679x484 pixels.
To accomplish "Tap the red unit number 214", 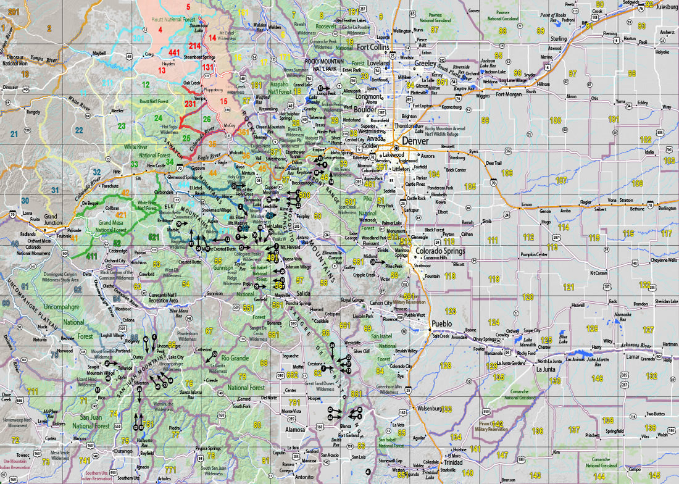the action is [195, 46].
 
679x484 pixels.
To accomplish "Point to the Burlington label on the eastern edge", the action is [666, 209].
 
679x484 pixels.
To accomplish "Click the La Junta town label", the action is [546, 369].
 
